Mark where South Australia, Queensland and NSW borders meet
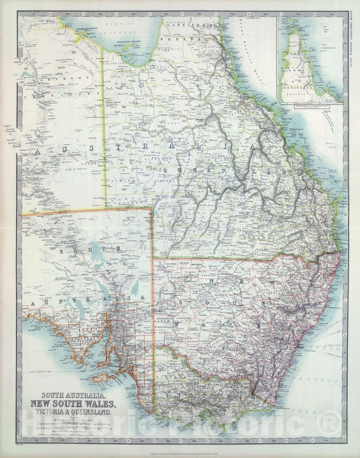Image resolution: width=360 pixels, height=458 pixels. coord(153,257)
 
